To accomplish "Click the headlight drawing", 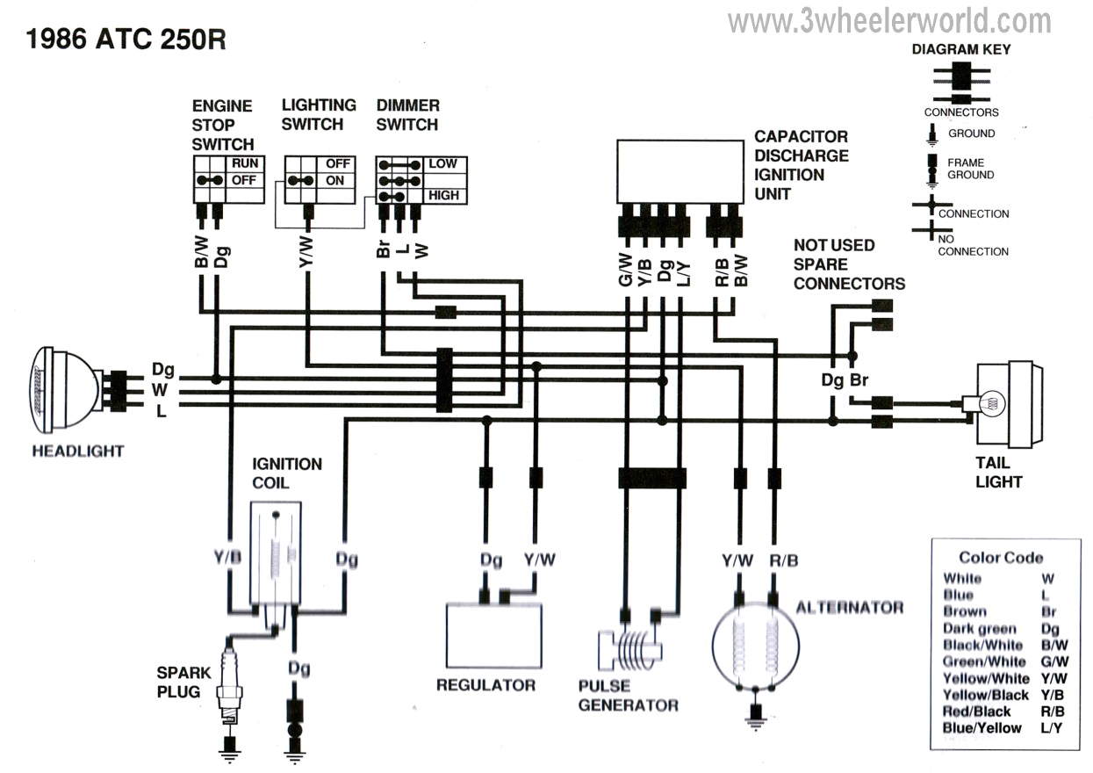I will (66, 389).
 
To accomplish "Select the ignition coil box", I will (275, 553).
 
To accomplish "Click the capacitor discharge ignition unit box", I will (680, 171).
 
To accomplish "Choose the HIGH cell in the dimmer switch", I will (443, 195).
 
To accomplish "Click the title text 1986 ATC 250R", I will (126, 39).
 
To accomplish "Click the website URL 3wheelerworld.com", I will (888, 20).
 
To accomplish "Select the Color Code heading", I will (1001, 557).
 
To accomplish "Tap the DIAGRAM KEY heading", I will (960, 49).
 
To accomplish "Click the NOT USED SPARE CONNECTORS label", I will (848, 264).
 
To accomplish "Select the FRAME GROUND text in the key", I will (970, 169).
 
